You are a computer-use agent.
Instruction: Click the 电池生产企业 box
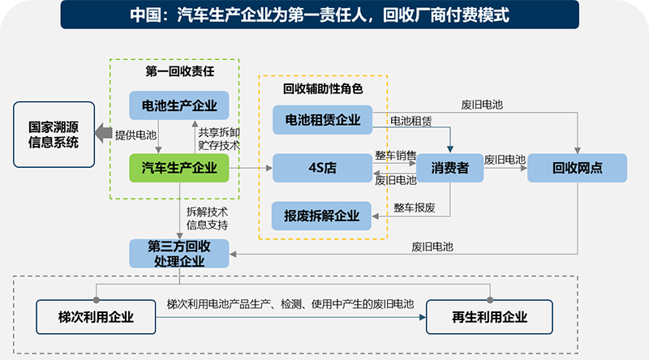(179, 105)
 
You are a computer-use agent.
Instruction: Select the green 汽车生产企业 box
(179, 168)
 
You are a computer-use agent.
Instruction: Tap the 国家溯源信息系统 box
(53, 134)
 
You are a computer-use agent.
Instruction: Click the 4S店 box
(322, 168)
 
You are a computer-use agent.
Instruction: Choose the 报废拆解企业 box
(322, 216)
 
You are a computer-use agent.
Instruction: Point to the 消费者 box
(449, 168)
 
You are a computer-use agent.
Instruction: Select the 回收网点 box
(578, 168)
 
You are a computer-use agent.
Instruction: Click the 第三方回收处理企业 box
(179, 254)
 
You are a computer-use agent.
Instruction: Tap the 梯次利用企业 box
(96, 317)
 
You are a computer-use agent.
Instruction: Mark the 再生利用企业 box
(489, 317)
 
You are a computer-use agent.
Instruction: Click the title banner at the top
(324, 15)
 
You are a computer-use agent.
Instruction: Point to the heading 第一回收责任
(180, 71)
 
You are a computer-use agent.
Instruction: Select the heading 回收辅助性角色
(322, 88)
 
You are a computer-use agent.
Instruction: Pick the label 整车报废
(415, 208)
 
